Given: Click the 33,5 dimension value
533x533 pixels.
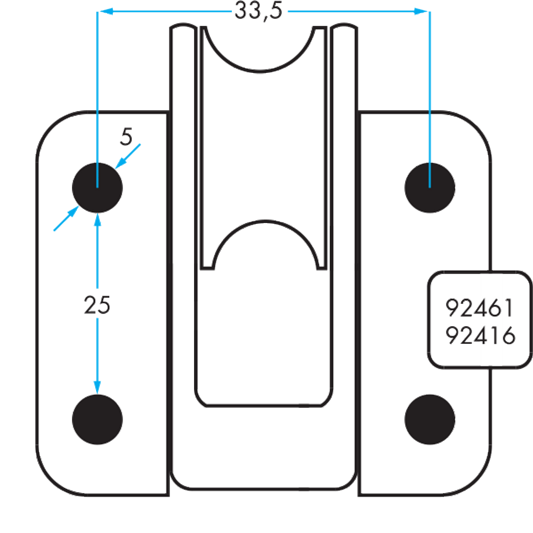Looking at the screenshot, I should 258,11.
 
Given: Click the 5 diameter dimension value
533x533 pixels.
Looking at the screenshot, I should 126,137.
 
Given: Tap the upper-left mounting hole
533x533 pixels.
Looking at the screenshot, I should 97,187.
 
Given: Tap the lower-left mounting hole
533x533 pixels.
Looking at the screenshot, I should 97,419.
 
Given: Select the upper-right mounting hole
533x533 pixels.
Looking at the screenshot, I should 430,187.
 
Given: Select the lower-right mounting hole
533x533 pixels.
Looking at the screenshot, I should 430,419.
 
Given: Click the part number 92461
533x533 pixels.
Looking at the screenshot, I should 479,308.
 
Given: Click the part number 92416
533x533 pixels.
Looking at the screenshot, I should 479,336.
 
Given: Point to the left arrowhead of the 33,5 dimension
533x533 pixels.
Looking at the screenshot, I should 105,12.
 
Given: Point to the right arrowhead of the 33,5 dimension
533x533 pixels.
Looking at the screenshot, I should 421,12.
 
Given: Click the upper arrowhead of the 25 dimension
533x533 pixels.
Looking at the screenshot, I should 97,220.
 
